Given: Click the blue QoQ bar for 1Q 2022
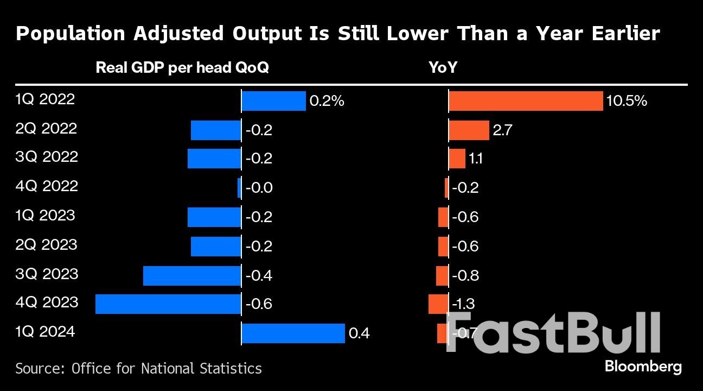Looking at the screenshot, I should [273, 101].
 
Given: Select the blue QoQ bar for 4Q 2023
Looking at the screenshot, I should [168, 304].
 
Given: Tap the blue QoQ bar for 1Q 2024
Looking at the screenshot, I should [293, 333].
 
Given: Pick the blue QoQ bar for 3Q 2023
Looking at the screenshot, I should [192, 275].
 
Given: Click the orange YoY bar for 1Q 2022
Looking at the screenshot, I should [526, 101].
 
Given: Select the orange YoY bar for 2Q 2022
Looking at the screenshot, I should [469, 130].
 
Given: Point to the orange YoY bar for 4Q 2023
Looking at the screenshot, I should [438, 304].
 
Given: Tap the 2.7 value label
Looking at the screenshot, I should [502, 131].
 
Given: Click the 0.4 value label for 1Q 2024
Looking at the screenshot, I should [359, 333].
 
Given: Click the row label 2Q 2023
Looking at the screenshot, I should [46, 244].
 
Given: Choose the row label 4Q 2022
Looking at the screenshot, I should [46, 186].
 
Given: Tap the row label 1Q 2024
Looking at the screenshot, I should [46, 331].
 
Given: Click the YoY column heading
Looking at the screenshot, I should [443, 68].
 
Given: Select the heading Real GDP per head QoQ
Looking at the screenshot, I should [182, 68].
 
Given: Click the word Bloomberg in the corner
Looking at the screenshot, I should [643, 367].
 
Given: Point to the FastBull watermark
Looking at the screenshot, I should [553, 332].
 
